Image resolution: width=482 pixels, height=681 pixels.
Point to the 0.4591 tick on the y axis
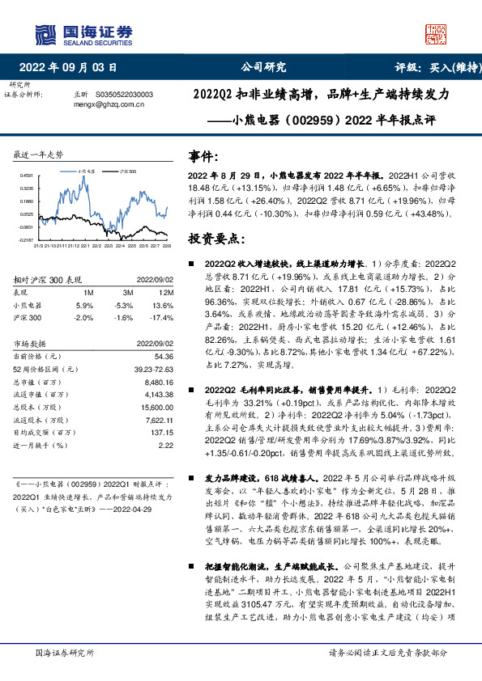[x=27, y=176]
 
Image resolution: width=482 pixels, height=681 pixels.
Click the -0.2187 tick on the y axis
[x=27, y=240]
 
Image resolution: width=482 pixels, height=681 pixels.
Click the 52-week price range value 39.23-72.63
[x=151, y=369]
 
